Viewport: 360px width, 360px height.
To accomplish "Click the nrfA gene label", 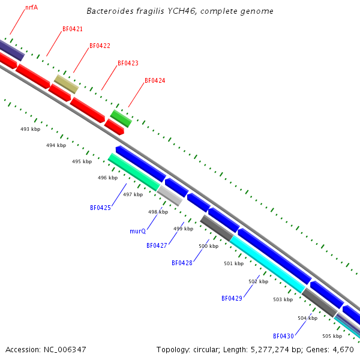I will click(x=31, y=8).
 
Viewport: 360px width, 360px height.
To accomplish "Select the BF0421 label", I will click(x=73, y=29).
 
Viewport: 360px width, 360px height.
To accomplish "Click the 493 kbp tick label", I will click(x=30, y=129).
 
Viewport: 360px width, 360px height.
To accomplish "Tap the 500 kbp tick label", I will click(x=208, y=246).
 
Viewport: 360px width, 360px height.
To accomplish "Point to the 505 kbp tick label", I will click(x=332, y=336).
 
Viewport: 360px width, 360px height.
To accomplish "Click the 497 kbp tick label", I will click(x=133, y=194).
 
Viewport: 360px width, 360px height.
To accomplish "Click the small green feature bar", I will click(x=121, y=118).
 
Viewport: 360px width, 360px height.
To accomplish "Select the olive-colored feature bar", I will click(x=66, y=84).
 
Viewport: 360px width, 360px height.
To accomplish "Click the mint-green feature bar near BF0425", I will click(x=133, y=172).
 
